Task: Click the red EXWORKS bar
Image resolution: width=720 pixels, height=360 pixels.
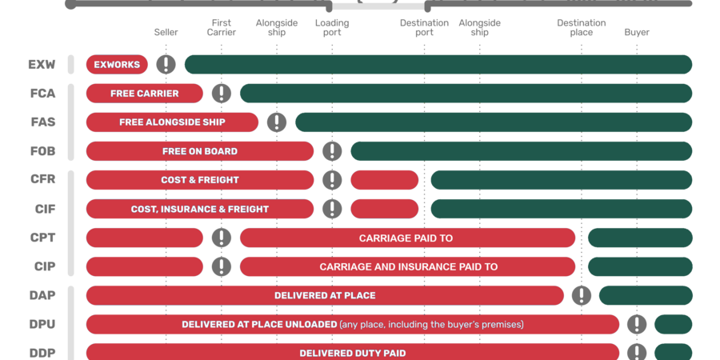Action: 117,65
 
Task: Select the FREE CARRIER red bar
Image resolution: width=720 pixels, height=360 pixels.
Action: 145,94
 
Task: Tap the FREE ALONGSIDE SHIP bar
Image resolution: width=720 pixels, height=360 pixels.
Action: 172,122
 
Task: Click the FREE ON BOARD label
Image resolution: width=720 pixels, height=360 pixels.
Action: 200,151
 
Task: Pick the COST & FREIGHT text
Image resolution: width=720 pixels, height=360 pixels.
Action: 200,180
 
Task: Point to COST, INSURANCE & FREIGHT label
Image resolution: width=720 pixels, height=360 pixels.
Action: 200,209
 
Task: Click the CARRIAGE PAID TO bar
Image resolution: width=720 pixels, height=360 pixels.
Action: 406,238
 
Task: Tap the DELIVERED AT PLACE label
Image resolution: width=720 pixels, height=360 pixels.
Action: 325,295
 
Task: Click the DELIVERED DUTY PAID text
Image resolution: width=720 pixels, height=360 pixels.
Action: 352,353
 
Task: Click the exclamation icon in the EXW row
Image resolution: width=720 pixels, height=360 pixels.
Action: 166,65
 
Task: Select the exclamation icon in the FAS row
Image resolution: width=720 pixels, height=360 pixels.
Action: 276,122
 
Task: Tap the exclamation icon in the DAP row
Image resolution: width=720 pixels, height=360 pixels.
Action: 582,295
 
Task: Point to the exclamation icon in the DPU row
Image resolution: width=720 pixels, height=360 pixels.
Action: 637,324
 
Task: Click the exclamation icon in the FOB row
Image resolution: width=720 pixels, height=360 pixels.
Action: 332,151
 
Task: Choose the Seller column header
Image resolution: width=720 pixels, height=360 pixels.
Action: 166,33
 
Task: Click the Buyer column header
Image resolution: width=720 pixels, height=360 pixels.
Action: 637,33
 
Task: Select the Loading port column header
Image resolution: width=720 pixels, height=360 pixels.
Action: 332,28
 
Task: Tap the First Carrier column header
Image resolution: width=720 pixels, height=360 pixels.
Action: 222,28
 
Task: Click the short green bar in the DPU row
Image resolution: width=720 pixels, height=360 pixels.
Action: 673,324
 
